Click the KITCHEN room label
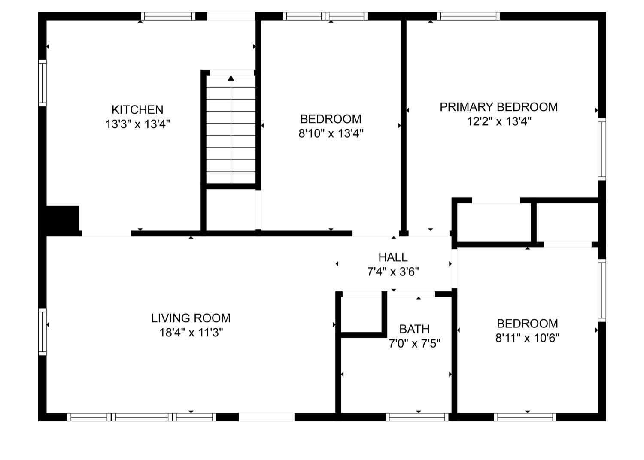point(137,109)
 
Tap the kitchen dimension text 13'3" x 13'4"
point(138,124)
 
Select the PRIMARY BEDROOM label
point(499,107)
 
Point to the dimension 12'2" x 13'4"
point(499,121)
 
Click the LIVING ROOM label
point(191,318)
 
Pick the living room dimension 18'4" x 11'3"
point(191,333)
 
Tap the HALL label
point(393,257)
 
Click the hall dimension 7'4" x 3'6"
point(393,272)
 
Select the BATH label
point(415,329)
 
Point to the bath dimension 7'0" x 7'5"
point(415,343)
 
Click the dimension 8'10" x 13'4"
point(331,133)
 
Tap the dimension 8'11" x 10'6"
point(527,338)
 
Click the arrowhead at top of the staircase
point(231,78)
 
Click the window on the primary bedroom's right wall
point(602,149)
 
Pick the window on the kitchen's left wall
point(42,83)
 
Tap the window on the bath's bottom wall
point(417,417)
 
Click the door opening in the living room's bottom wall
point(267,417)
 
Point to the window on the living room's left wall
point(42,332)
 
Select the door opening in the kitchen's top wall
point(231,16)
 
